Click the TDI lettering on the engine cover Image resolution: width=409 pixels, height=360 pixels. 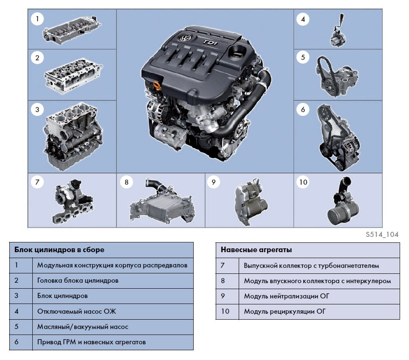210,43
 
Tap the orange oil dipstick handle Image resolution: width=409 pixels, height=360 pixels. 156,86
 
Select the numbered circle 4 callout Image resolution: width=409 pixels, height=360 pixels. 302,19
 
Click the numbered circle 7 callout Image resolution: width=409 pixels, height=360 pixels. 37,183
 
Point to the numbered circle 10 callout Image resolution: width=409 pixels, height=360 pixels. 302,183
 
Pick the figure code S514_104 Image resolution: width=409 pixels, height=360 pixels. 381,234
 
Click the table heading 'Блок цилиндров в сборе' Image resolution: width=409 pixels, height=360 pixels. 59,250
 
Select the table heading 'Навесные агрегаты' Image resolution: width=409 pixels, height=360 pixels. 256,250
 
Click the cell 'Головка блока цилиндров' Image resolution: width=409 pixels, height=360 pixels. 78,281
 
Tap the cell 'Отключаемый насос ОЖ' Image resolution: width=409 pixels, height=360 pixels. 76,311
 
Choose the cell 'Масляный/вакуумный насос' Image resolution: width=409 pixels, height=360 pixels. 82,326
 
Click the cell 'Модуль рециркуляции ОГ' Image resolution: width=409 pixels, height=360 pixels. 285,311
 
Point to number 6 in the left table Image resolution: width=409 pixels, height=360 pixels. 17,342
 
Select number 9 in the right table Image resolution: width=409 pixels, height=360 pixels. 223,296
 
